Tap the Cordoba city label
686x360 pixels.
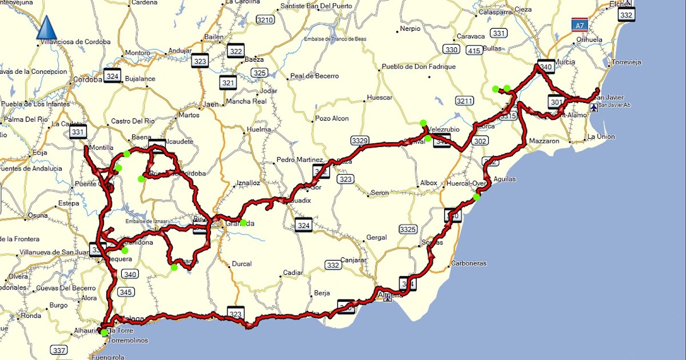(x=87, y=79)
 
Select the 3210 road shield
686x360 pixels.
(x=265, y=20)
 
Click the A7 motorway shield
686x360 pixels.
(x=579, y=25)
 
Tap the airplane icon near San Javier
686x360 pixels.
(x=595, y=107)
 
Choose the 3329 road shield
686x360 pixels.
(x=360, y=140)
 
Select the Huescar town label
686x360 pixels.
(x=380, y=98)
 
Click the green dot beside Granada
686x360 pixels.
(x=244, y=223)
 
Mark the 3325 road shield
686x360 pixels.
(x=408, y=230)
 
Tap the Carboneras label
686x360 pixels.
(x=468, y=263)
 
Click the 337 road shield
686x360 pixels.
(x=59, y=350)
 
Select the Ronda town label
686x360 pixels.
(x=31, y=315)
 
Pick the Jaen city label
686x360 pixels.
(x=212, y=105)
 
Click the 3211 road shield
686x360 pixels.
(x=465, y=101)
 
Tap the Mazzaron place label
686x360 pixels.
(x=544, y=140)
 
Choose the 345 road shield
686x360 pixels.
(x=126, y=292)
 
